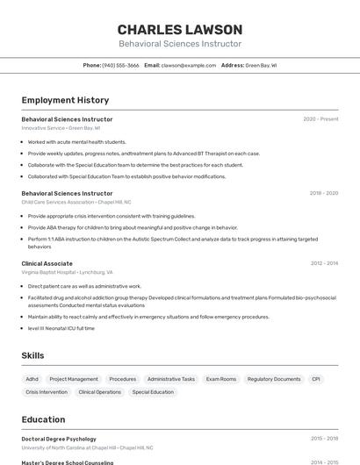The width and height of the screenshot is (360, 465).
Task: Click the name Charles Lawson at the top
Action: pos(180,29)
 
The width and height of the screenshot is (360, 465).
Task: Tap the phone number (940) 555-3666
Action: pos(120,65)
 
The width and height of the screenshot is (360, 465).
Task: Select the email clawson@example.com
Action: pos(189,65)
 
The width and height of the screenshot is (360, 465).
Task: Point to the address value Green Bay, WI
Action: pos(261,65)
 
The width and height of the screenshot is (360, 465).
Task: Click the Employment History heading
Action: pos(65,100)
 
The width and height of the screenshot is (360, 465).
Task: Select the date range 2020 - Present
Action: pos(320,119)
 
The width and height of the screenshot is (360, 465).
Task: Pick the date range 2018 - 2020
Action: pos(323,193)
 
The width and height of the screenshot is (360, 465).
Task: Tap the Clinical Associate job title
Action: pos(47,263)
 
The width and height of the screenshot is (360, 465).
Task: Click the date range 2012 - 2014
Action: pos(324,263)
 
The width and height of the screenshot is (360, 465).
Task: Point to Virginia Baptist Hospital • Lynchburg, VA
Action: pos(67,273)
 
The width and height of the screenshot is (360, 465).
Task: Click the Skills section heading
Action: pos(33,355)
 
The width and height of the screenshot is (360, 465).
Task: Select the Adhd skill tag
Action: pos(32,379)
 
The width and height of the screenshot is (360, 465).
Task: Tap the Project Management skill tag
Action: pos(74,379)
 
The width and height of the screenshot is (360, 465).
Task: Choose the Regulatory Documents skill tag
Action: pos(274,379)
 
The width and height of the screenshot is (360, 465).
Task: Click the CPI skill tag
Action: pos(316,379)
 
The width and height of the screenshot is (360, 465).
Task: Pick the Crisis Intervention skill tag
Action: pos(47,392)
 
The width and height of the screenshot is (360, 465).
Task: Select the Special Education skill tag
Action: pos(153,392)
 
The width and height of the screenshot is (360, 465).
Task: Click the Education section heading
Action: pos(43,419)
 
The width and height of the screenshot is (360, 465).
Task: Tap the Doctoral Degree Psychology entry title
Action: pos(59,439)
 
